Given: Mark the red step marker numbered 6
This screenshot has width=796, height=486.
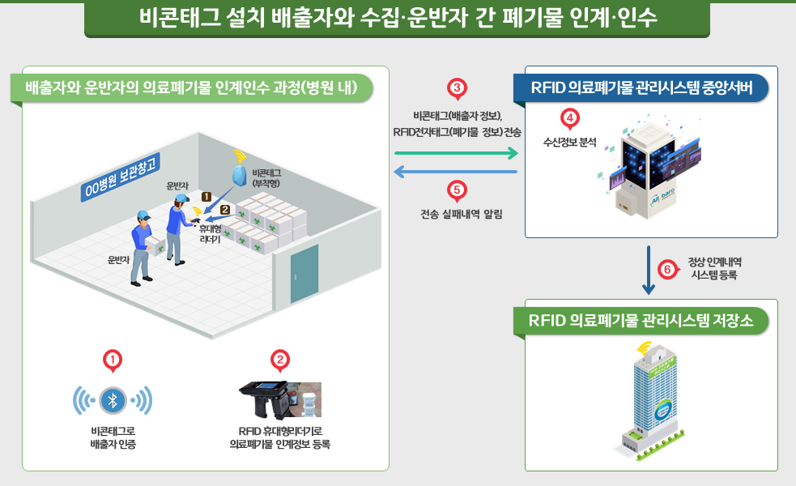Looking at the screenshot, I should click(666, 269).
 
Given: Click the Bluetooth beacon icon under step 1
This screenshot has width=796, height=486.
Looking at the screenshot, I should click(113, 399).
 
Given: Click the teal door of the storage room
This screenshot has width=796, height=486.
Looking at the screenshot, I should click(304, 275).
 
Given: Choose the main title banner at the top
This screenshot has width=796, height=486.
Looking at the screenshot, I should click(398, 18).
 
